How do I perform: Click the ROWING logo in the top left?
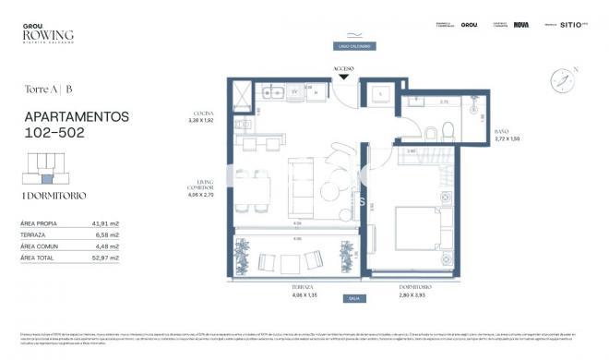(48, 34)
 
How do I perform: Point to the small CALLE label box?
(353, 298)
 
